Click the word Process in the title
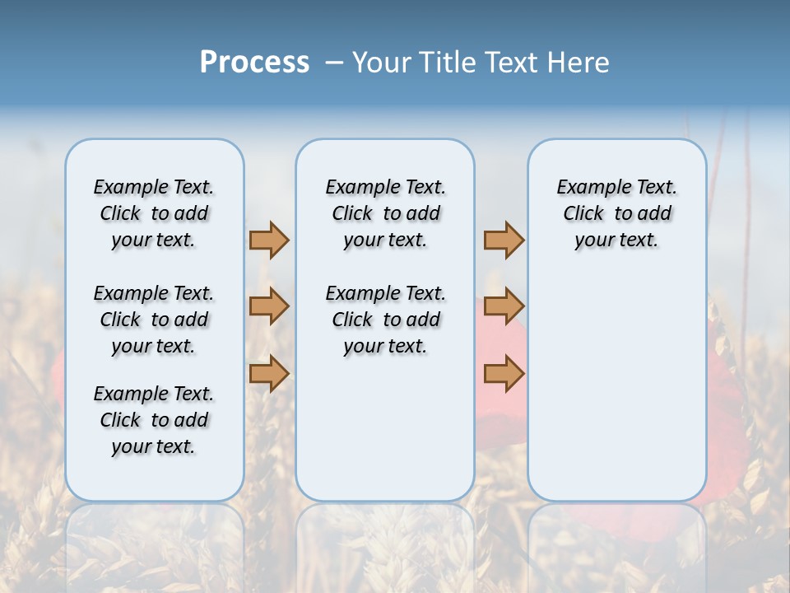254,63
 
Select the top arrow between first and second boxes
269,240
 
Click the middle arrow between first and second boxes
269,306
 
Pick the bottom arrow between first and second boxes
269,373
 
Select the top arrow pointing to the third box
504,240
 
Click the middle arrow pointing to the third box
504,306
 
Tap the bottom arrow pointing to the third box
504,373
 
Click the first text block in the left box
154,213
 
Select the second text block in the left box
154,320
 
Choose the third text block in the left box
154,420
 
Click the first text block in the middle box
385,213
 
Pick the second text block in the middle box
385,320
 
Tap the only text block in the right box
616,213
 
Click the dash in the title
334,63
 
